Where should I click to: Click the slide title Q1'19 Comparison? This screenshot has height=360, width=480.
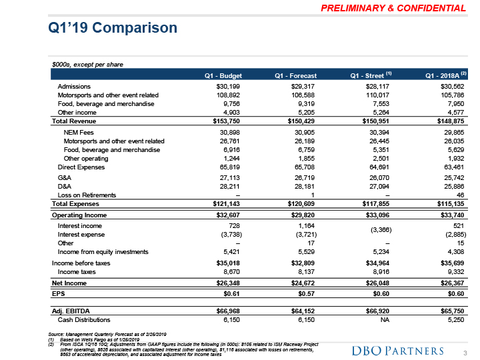(x=113, y=28)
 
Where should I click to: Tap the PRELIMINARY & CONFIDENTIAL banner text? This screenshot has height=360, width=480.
(x=395, y=9)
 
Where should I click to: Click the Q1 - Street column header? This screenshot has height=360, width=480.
(x=372, y=75)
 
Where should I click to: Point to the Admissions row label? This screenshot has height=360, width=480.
(x=74, y=86)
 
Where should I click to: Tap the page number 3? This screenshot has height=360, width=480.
(x=464, y=351)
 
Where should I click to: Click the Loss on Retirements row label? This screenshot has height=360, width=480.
(x=87, y=195)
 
